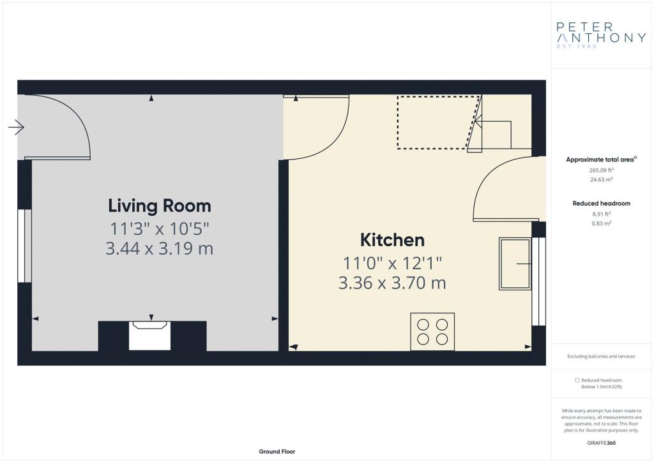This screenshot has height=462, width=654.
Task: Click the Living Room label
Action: click(159, 206)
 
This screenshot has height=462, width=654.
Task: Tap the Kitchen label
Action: click(392, 240)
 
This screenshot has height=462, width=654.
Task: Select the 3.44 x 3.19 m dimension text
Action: click(159, 248)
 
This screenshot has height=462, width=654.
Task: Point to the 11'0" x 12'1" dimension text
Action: click(392, 264)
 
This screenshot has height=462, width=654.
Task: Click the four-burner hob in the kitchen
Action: click(432, 332)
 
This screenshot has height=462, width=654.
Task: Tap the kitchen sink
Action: click(515, 264)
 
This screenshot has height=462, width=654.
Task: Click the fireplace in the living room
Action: click(149, 336)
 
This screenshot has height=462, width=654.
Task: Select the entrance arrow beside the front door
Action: click(16, 127)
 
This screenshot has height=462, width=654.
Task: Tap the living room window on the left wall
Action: click(25, 246)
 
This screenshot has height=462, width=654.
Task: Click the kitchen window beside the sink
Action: click(539, 281)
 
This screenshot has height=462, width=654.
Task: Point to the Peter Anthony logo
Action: click(601, 35)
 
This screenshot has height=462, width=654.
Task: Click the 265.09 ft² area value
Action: click(601, 170)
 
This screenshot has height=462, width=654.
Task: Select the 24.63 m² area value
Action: click(601, 179)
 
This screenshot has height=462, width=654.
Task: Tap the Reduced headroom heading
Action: click(601, 204)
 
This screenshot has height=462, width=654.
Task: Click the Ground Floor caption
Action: click(277, 452)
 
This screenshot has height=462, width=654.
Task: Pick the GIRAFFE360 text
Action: click(601, 443)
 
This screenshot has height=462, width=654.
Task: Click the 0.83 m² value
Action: click(601, 223)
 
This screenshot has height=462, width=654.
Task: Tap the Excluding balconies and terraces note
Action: click(601, 356)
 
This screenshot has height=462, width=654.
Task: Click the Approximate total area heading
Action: click(601, 159)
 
